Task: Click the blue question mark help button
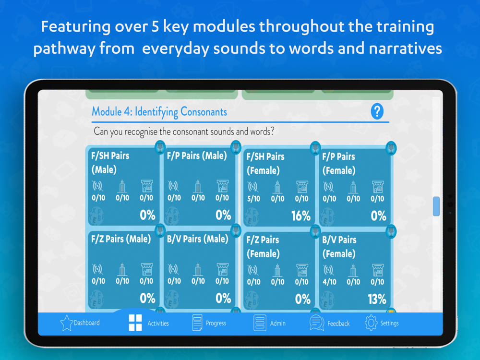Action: (x=377, y=111)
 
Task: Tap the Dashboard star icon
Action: (x=66, y=323)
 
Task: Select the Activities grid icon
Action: (x=135, y=323)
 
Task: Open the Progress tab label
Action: (x=216, y=323)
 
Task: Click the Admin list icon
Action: (x=260, y=323)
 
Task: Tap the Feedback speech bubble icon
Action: (x=316, y=323)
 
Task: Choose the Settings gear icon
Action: (x=371, y=323)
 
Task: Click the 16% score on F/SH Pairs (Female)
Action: (x=300, y=216)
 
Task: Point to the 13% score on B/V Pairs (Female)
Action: (x=377, y=299)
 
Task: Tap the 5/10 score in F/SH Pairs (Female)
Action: (x=253, y=199)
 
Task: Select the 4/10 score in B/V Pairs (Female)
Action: (x=329, y=282)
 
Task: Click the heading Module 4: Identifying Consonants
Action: (x=159, y=112)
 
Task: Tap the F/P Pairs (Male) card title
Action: (x=197, y=156)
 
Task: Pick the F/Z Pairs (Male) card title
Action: (x=121, y=239)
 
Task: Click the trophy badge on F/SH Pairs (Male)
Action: (x=160, y=148)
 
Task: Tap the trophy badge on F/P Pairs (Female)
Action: (x=391, y=148)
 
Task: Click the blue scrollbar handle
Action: (x=436, y=206)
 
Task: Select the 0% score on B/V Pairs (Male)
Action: (x=223, y=298)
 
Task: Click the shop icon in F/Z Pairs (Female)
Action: (x=302, y=270)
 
